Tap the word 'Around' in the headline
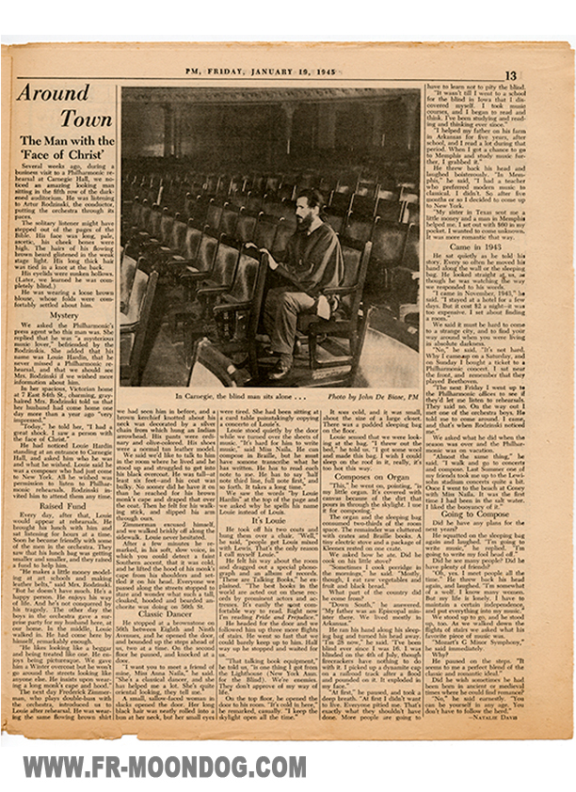[53, 92]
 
